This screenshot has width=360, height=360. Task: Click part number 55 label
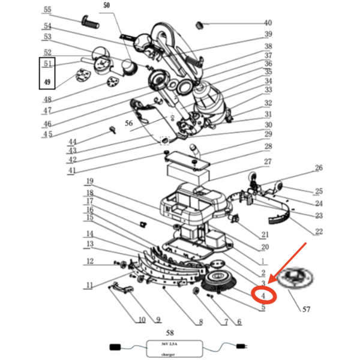click(47, 10)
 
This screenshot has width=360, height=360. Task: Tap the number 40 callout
click(268, 23)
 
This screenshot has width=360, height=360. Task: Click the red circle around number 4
click(264, 295)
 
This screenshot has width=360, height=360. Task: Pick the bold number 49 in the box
click(47, 82)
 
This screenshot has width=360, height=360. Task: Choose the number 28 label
click(268, 147)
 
